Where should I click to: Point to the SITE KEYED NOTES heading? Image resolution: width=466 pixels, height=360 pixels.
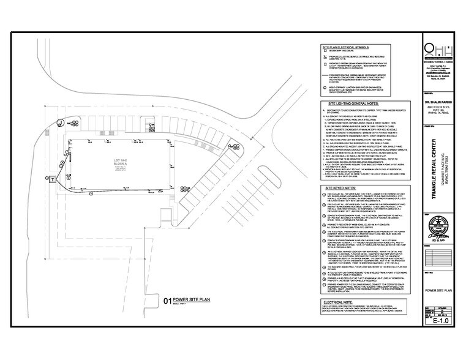tap(346, 190)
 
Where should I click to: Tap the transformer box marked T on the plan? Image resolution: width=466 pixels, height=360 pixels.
tap(53, 179)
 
